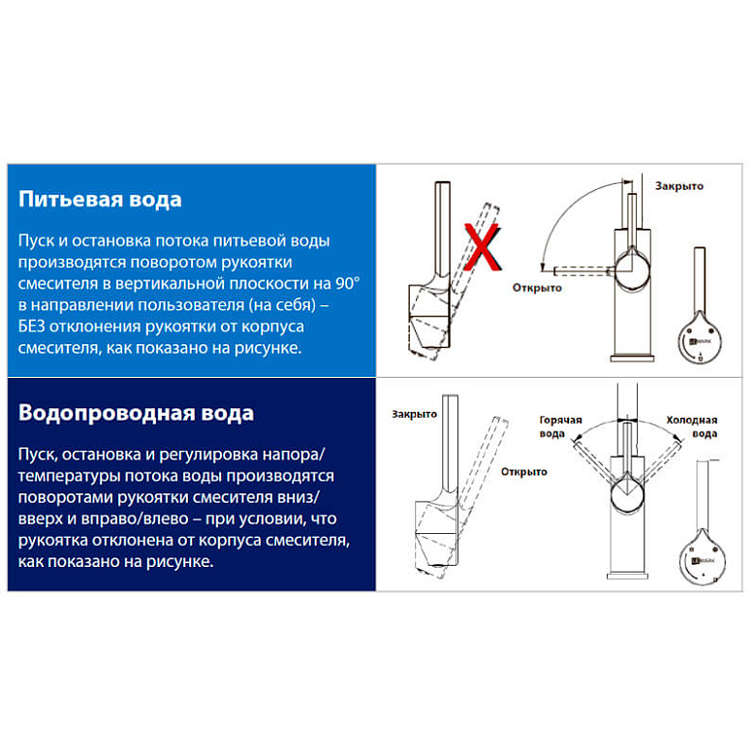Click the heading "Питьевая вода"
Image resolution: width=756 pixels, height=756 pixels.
[100, 199]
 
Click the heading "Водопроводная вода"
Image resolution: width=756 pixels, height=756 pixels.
[136, 413]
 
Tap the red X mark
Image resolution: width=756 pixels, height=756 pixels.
[482, 246]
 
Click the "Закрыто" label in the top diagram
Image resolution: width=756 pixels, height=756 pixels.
[678, 186]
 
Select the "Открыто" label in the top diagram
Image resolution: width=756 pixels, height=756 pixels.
[537, 288]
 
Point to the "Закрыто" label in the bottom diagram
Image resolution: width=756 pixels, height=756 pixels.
[414, 414]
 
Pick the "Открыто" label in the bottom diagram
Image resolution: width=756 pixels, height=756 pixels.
[524, 472]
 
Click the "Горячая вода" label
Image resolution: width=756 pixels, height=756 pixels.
[560, 426]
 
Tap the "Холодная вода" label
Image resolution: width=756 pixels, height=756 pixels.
[692, 426]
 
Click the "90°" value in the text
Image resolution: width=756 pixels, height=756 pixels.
[348, 283]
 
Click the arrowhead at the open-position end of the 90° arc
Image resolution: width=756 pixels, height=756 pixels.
[543, 268]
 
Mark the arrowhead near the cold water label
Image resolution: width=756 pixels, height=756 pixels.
[677, 438]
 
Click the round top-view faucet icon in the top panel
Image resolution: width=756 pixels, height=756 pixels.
[700, 337]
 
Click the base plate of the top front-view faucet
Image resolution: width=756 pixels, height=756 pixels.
[632, 359]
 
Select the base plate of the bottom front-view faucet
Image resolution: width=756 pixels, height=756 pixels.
[627, 576]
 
